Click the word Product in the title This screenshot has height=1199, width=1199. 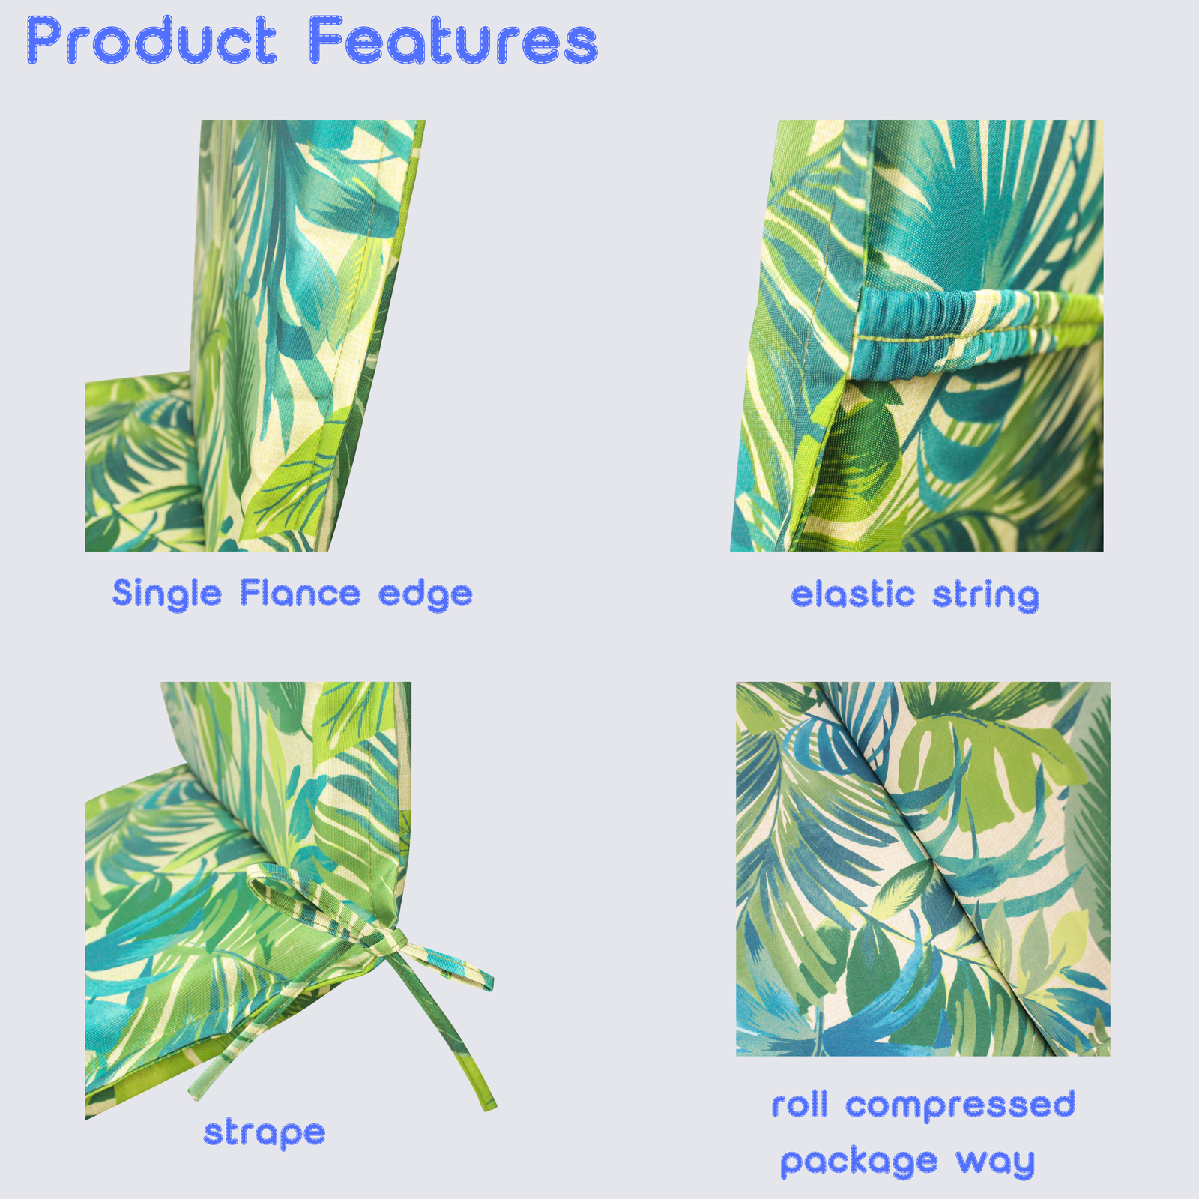tap(152, 40)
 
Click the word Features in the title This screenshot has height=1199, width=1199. tap(453, 40)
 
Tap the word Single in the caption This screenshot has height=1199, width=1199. tap(167, 595)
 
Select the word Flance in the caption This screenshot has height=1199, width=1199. tap(300, 594)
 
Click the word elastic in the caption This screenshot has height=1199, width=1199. tap(853, 595)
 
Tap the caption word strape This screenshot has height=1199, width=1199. tap(265, 1133)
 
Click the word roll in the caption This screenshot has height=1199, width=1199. tap(800, 1105)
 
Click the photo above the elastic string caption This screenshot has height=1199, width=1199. tap(917, 336)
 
